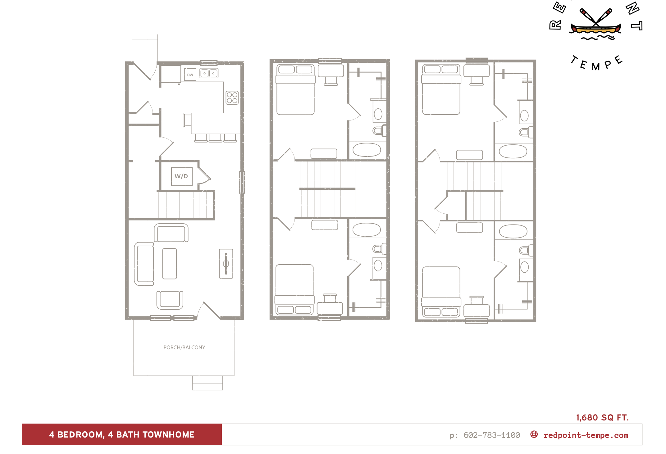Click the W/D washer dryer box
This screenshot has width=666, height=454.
[182, 176]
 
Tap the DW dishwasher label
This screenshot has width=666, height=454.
[190, 75]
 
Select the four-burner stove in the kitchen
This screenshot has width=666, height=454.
[232, 98]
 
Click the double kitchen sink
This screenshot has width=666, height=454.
[209, 73]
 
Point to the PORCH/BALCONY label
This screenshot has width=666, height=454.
[184, 347]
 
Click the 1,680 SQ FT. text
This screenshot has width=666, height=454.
[602, 417]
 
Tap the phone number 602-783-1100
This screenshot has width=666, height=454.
[491, 435]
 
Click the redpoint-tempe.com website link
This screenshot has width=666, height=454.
[586, 435]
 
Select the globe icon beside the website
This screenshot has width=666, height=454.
[534, 434]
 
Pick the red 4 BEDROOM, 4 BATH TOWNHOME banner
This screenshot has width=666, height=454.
[122, 434]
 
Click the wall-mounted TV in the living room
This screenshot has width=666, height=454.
[226, 264]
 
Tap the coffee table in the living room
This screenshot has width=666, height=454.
[170, 264]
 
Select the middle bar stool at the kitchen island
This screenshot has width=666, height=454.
[215, 138]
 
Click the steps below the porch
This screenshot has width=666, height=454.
[208, 383]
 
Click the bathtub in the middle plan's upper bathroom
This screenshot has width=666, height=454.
[367, 150]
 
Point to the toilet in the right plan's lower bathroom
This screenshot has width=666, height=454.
[525, 250]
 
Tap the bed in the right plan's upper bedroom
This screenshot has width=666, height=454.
[441, 90]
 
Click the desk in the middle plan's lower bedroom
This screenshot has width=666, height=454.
[330, 308]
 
